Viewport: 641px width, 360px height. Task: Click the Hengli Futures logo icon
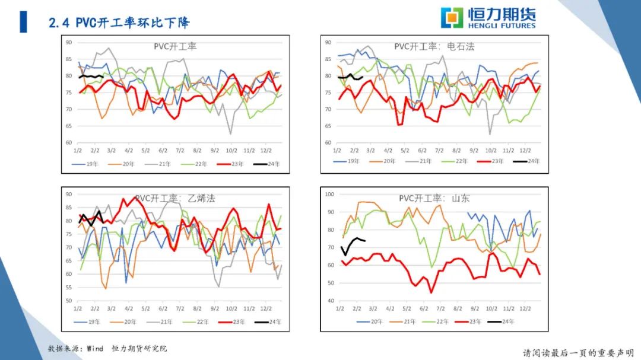tap(451, 17)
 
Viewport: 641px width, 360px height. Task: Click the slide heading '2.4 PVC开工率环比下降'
tap(119, 23)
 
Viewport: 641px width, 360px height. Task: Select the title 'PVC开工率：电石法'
tap(434, 46)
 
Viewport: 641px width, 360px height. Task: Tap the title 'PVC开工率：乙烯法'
tap(174, 198)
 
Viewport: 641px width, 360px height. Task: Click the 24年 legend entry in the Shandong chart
tap(503, 321)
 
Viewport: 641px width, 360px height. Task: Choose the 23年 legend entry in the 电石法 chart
tap(494, 161)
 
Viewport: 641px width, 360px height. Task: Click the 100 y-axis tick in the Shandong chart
tap(329, 194)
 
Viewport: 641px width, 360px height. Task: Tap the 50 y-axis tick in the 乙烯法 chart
tap(68, 301)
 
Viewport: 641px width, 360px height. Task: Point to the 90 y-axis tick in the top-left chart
tap(69, 42)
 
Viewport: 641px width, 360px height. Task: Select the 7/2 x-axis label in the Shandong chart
tap(440, 309)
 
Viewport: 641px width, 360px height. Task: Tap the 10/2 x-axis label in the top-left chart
tap(231, 151)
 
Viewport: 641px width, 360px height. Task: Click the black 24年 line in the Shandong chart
tap(353, 241)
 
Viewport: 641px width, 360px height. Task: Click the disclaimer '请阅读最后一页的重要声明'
tap(578, 353)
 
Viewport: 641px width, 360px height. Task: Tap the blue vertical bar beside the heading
tap(23, 22)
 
